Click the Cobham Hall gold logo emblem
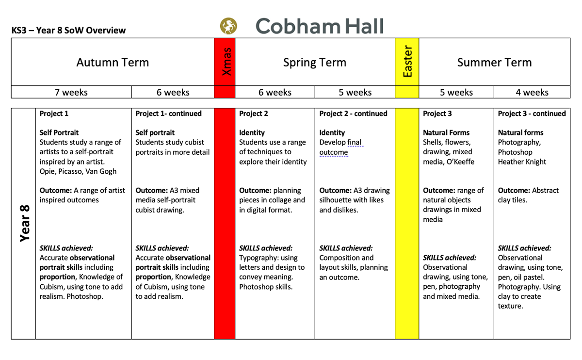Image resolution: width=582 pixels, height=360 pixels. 228,26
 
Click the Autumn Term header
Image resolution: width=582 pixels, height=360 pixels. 113,63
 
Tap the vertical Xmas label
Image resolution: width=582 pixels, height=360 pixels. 225,62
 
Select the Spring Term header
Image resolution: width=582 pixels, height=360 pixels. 315,63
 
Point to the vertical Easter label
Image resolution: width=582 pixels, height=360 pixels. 407,62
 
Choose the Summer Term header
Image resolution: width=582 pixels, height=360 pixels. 494,63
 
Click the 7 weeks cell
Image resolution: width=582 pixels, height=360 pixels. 71,92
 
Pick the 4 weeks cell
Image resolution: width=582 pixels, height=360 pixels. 532,92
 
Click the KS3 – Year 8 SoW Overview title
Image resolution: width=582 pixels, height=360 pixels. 68,31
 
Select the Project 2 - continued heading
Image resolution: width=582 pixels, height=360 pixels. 353,114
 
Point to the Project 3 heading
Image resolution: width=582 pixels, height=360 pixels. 437,114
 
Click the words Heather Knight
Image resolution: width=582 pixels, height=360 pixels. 522,162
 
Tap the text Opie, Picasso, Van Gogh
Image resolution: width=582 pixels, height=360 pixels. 78,171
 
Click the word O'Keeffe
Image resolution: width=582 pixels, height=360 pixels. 464,162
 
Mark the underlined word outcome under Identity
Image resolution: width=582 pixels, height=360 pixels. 334,152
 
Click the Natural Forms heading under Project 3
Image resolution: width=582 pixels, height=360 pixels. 446,132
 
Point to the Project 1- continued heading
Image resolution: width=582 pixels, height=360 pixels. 168,114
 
